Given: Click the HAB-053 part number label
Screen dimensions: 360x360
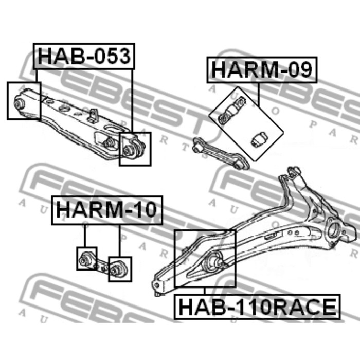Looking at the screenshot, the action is [84, 56].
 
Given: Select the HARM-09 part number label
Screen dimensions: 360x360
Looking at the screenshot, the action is [262, 69].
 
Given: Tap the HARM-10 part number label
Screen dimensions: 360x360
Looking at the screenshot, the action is [107, 210].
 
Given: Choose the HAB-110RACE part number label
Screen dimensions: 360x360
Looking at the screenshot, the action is [257, 307].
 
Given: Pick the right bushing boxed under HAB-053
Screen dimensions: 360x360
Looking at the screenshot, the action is [128, 150].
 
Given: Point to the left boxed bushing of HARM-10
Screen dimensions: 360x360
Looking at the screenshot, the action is [85, 259].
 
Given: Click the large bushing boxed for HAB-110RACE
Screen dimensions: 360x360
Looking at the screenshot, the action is [212, 262].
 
